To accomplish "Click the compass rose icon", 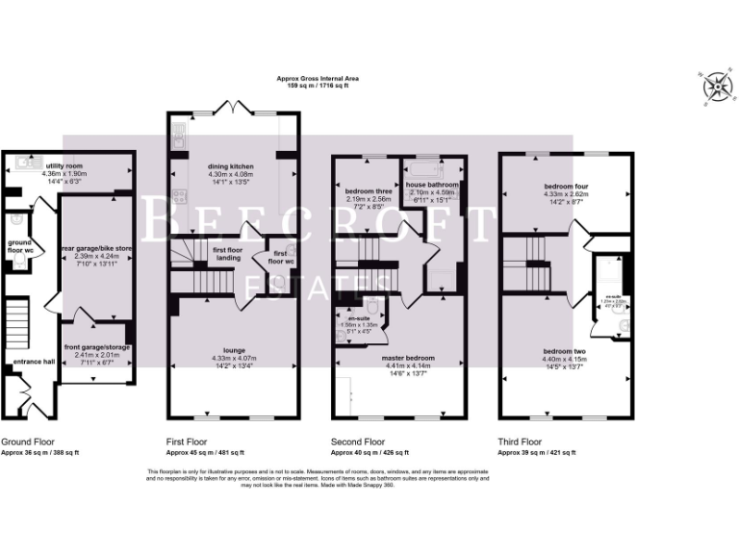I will click(715, 88).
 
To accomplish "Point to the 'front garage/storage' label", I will click(97, 347).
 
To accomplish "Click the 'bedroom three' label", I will click(366, 190).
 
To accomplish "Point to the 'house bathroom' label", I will click(431, 184).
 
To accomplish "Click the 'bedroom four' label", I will click(566, 186).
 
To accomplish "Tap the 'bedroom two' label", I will click(565, 350).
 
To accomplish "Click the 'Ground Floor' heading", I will click(27, 442).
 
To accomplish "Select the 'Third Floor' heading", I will click(520, 442).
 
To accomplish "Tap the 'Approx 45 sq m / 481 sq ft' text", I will click(205, 452).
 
